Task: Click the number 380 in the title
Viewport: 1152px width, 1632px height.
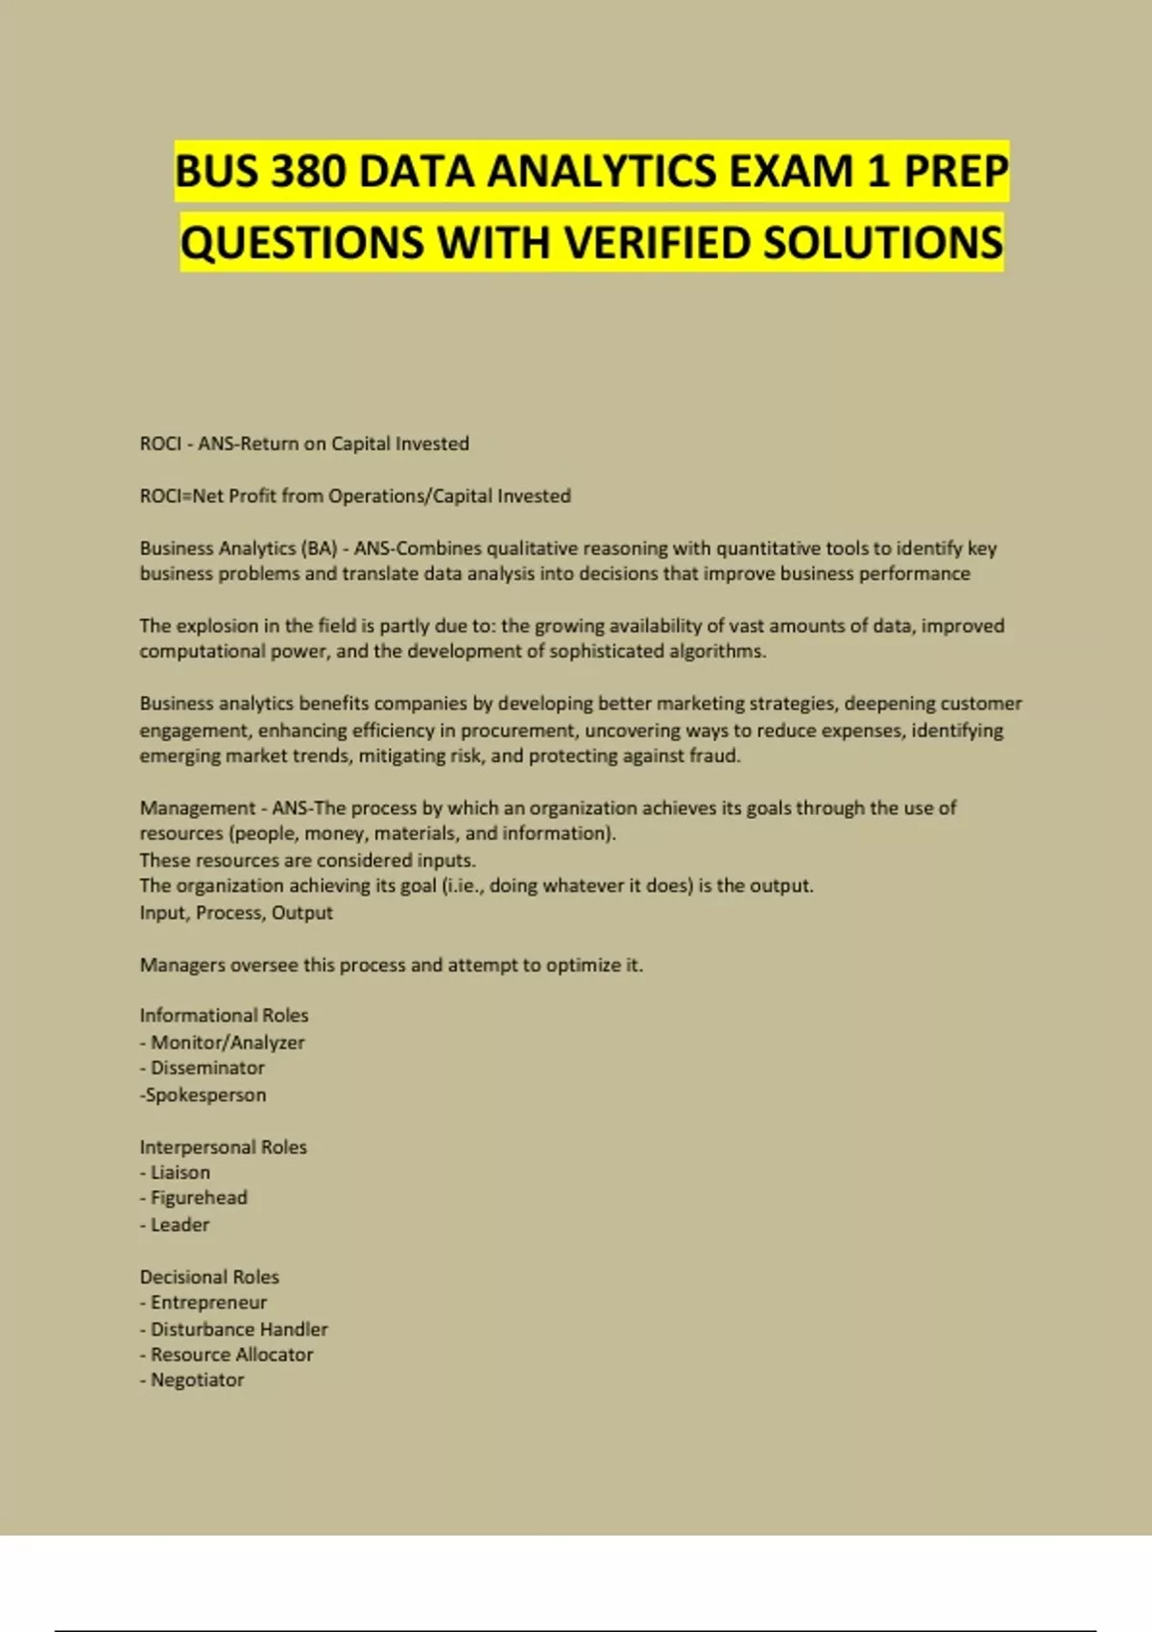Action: point(308,173)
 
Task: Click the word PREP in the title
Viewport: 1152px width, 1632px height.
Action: point(955,173)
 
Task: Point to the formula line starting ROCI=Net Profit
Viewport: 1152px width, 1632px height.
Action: point(355,496)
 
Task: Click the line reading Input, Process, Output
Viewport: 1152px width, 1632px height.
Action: point(236,912)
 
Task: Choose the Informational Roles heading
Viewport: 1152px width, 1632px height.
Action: point(224,1016)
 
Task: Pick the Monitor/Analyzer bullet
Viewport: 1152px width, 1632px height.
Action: point(227,1043)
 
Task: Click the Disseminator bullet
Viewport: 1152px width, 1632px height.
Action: point(206,1068)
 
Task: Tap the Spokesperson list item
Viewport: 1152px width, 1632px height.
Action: point(204,1094)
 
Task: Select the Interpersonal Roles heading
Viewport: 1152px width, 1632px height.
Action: point(223,1147)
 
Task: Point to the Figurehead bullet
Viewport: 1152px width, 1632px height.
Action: point(198,1198)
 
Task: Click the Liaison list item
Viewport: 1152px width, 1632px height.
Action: point(180,1172)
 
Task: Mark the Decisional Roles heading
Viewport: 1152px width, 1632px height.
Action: point(209,1277)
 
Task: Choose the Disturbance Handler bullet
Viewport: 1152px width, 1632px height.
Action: point(238,1330)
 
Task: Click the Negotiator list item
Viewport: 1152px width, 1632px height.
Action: point(197,1380)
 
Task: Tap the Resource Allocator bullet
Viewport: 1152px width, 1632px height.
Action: point(230,1355)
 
